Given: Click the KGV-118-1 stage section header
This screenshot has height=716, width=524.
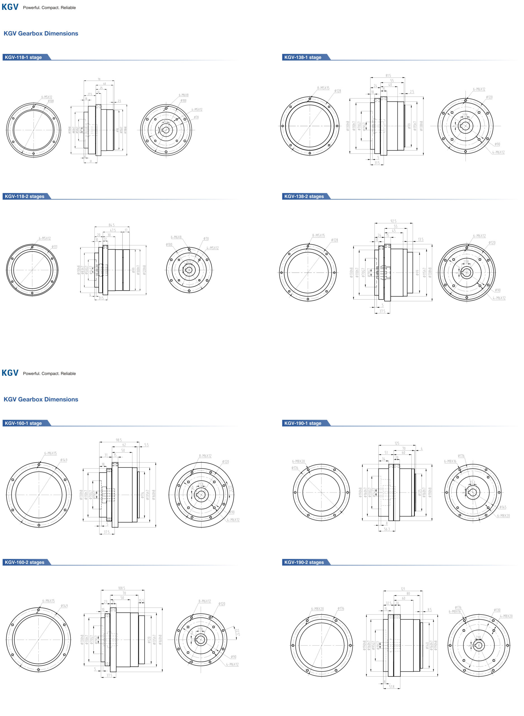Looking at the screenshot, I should point(23,57).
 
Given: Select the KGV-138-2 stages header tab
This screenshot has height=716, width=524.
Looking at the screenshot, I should point(304,196).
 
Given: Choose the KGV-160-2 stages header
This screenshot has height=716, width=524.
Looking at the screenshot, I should point(24,562).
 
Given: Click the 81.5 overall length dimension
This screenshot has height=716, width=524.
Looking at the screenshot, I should point(388,76).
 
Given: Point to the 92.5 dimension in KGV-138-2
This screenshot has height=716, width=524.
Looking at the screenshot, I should point(393,221).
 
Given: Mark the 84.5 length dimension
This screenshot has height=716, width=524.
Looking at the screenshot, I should point(112,225).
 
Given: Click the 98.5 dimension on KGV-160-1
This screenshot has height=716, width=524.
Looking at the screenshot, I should point(119,440).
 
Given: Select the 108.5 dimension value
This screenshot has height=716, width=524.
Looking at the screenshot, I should point(121,588).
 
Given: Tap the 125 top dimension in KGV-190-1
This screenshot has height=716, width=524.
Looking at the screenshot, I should point(397,443).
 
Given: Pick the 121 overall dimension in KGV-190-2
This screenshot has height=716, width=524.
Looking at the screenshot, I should point(403,589).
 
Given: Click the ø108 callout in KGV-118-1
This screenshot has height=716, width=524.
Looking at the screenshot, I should point(51,101).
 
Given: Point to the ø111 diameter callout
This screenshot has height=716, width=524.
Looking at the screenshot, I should point(55,247).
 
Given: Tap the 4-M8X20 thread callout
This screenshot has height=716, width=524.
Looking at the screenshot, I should point(506,616).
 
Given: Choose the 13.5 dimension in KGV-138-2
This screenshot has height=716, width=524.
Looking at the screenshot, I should point(420,239).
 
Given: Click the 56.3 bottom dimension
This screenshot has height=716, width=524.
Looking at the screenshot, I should point(387,529).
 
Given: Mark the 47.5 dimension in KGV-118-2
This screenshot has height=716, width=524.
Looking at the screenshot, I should point(112,230).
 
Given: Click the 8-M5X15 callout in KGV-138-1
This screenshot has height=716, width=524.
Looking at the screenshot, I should point(323,88).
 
